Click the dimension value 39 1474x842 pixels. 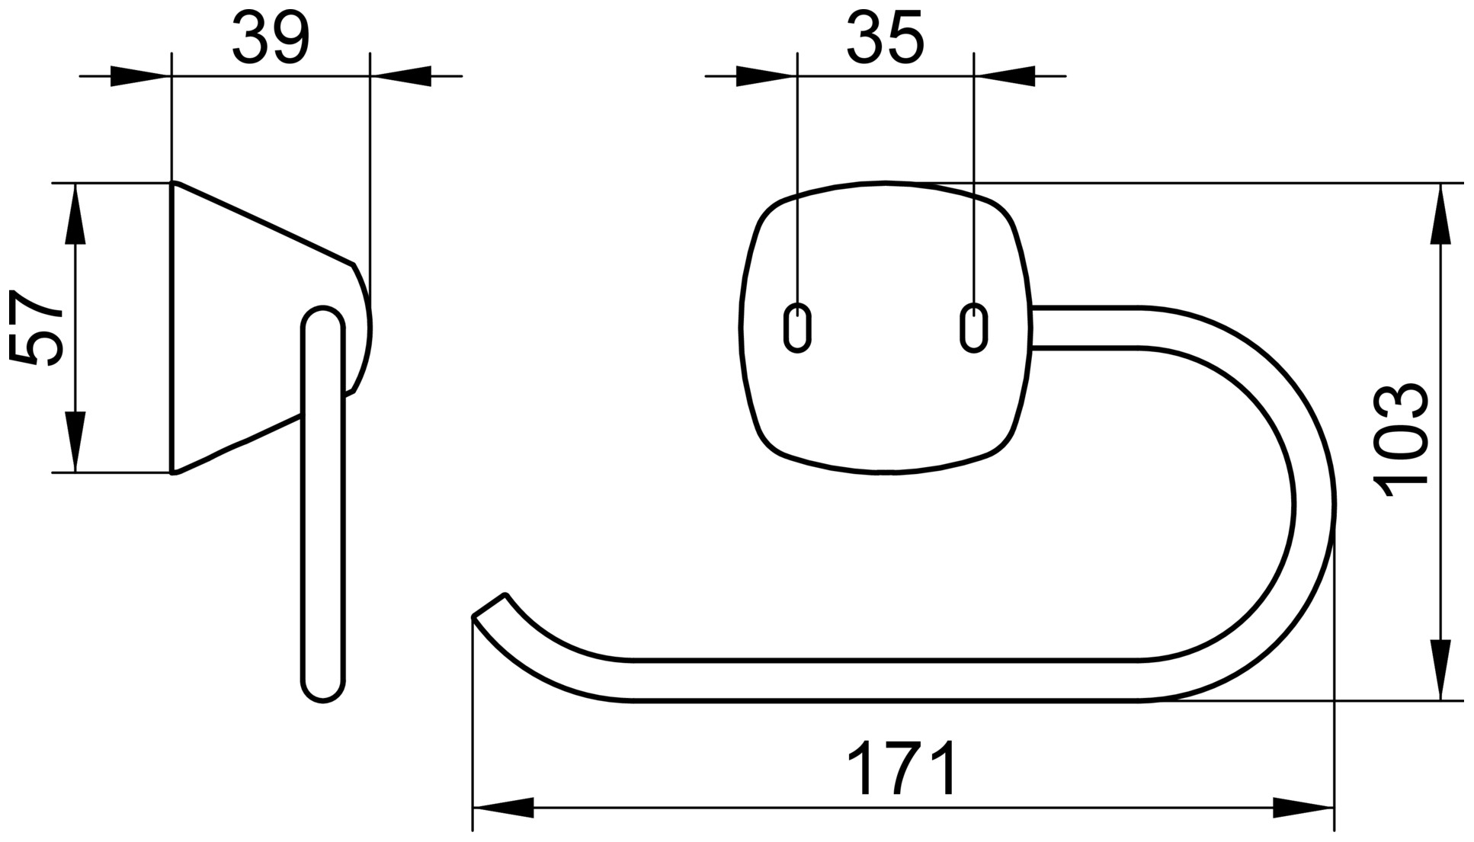[271, 38]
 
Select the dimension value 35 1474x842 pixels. [885, 38]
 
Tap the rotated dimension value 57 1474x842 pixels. [36, 328]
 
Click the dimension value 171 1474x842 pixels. [902, 768]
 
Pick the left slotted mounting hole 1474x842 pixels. [797, 328]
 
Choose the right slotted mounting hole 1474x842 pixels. [973, 328]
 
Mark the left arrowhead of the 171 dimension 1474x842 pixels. [503, 808]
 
